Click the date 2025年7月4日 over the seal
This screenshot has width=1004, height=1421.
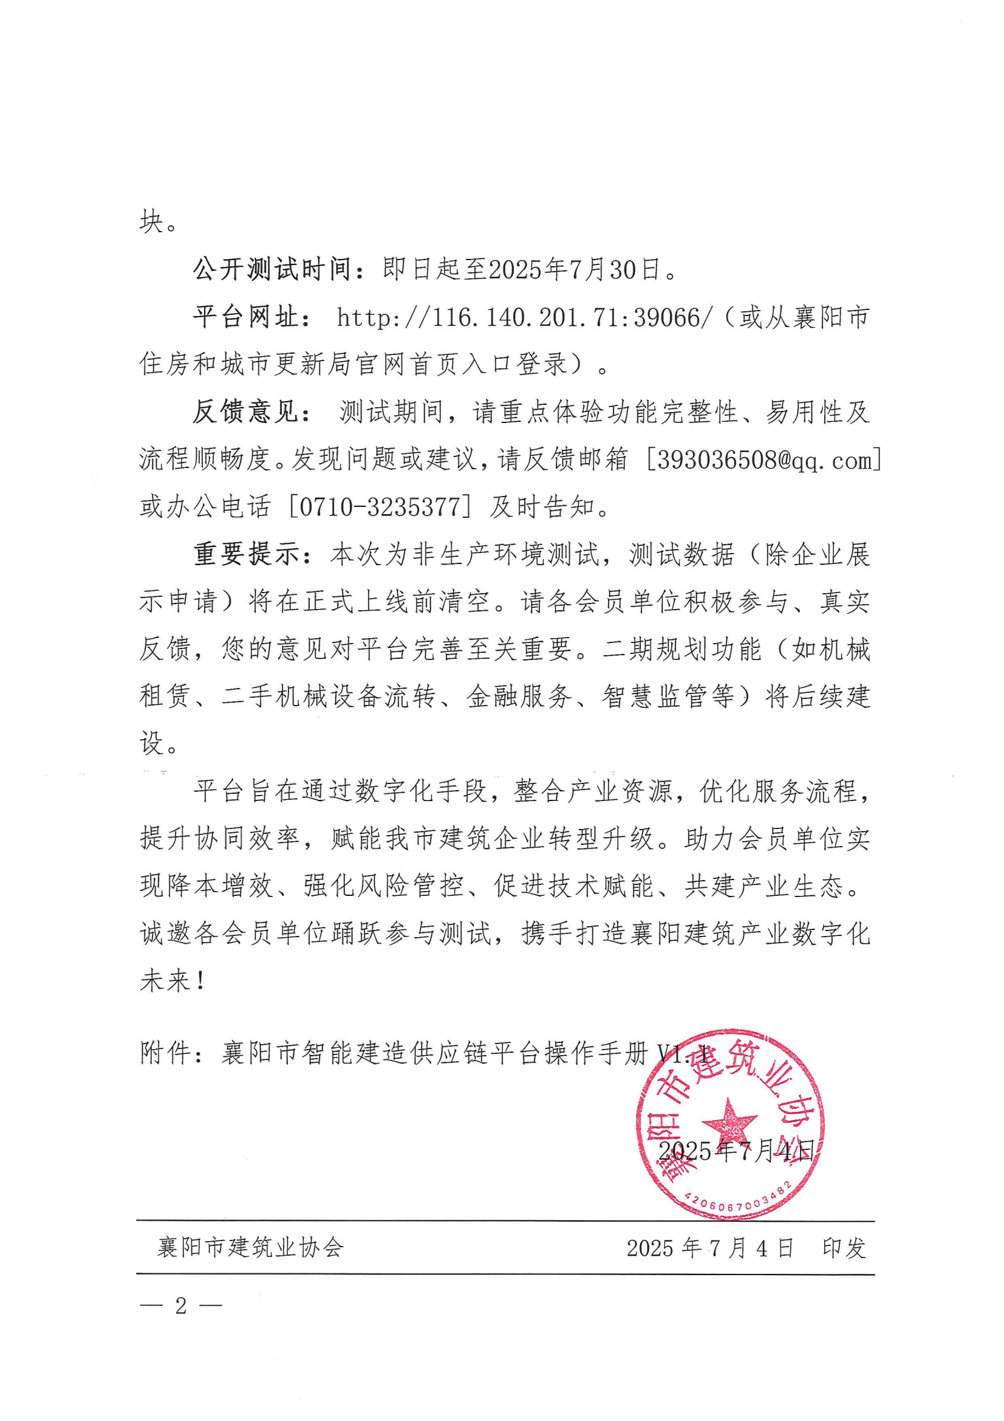736,1151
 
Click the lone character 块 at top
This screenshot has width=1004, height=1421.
152,221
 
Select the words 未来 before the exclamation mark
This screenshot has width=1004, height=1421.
165,981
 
